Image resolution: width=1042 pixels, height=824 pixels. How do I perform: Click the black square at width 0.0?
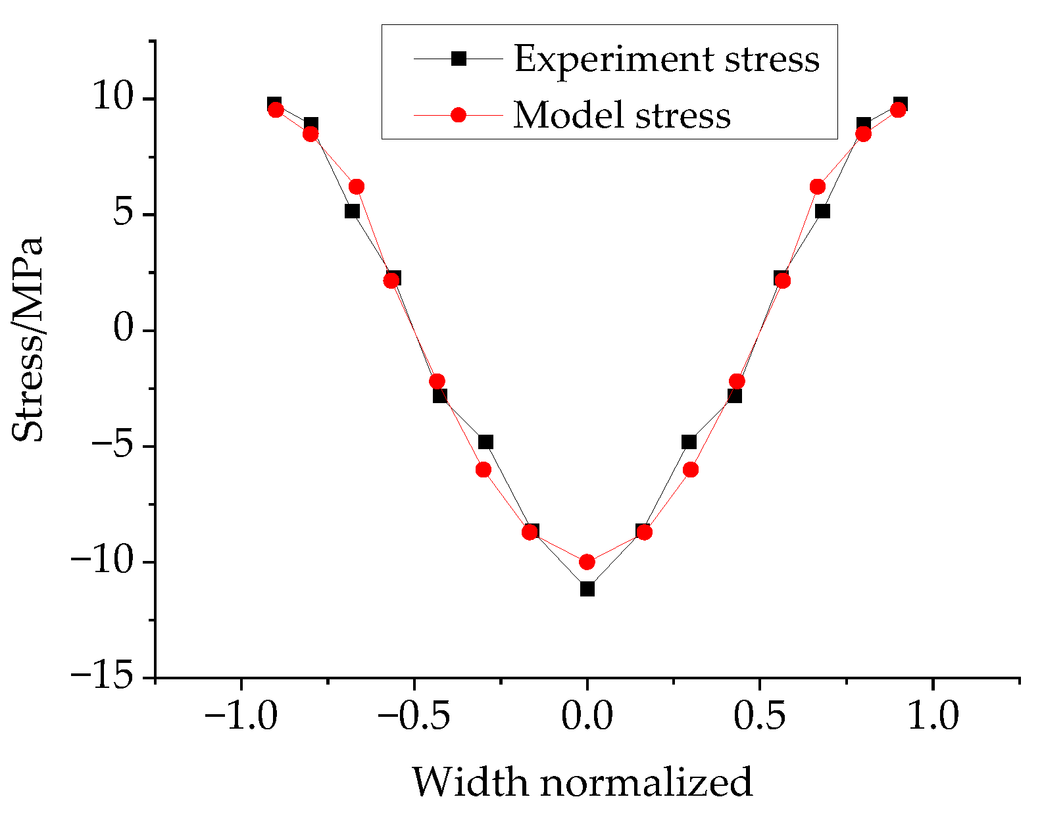[587, 589]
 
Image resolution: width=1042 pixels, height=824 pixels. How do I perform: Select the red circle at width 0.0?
[587, 562]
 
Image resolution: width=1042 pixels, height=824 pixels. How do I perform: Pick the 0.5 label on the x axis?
[760, 715]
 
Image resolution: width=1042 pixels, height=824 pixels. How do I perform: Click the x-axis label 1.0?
[933, 715]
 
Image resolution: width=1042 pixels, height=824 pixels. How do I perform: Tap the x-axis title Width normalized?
[582, 782]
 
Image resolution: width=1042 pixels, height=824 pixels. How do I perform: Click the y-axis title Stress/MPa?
[28, 339]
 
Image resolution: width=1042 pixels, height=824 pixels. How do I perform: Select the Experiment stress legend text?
[666, 59]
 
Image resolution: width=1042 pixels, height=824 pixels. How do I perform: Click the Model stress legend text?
[622, 115]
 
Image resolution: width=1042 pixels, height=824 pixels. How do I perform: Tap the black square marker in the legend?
[459, 59]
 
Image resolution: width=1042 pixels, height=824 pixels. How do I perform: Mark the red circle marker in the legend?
[459, 115]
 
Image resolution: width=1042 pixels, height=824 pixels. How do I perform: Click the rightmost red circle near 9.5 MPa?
[898, 110]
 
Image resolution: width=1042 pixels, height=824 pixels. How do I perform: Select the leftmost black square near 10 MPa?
[274, 103]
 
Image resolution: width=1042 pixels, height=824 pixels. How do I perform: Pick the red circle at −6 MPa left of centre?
[484, 470]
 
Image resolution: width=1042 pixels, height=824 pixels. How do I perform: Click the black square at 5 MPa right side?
[822, 211]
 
